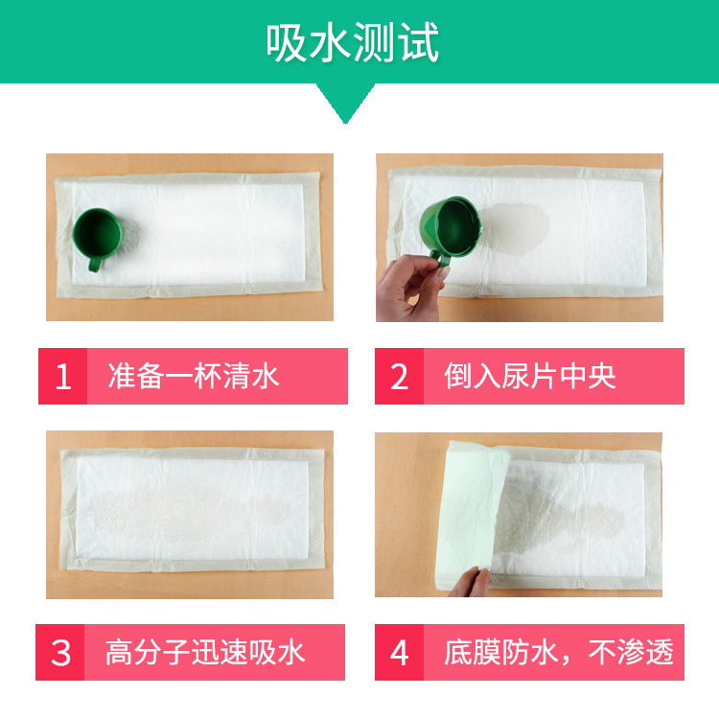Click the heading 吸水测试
pyautogui.click(x=352, y=42)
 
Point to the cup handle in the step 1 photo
pyautogui.click(x=95, y=265)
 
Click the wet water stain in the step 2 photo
pyautogui.click(x=516, y=228)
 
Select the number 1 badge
pyautogui.click(x=63, y=377)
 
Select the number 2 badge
pyautogui.click(x=400, y=377)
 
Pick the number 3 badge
pyautogui.click(x=60, y=653)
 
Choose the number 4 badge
pyautogui.click(x=400, y=653)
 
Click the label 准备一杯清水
pyautogui.click(x=194, y=377)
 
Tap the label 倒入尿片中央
pyautogui.click(x=530, y=377)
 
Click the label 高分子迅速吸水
pyautogui.click(x=205, y=653)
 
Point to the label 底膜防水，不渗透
pyautogui.click(x=559, y=653)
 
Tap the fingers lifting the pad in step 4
pyautogui.click(x=470, y=582)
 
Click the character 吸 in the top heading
pyautogui.click(x=287, y=42)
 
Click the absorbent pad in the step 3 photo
pyautogui.click(x=193, y=509)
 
